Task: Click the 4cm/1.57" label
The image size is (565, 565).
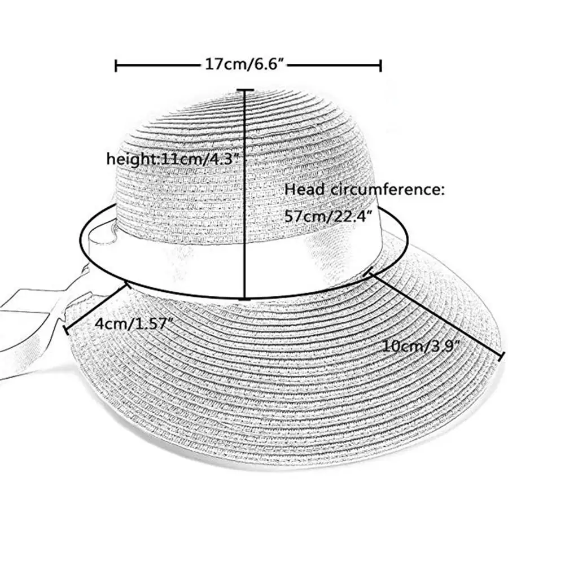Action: (134, 324)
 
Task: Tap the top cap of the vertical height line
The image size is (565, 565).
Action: (245, 89)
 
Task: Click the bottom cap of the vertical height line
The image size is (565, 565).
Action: (245, 298)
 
